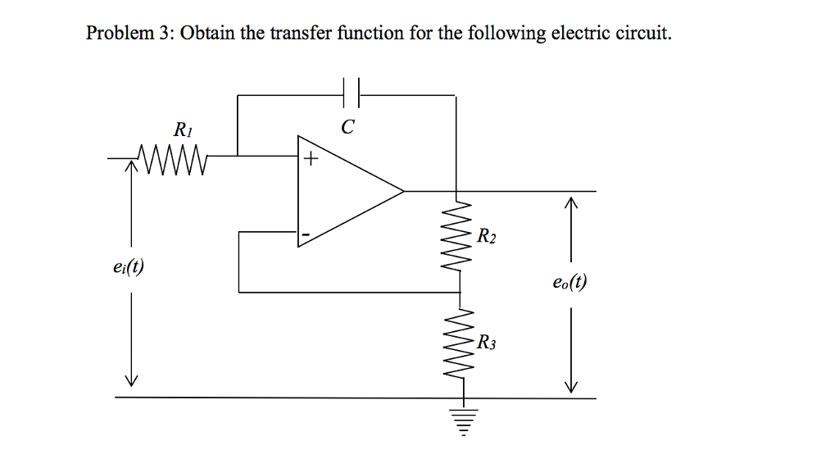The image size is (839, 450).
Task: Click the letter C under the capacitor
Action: tap(348, 127)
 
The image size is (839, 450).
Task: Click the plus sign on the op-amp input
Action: tap(309, 160)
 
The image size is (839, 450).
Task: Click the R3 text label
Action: tap(487, 341)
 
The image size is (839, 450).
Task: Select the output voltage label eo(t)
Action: tap(570, 284)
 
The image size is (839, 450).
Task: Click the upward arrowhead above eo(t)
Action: tap(571, 202)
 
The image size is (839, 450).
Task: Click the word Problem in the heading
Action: tap(120, 34)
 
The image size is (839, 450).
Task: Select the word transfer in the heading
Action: tap(303, 34)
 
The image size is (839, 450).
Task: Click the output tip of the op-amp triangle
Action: tap(403, 192)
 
